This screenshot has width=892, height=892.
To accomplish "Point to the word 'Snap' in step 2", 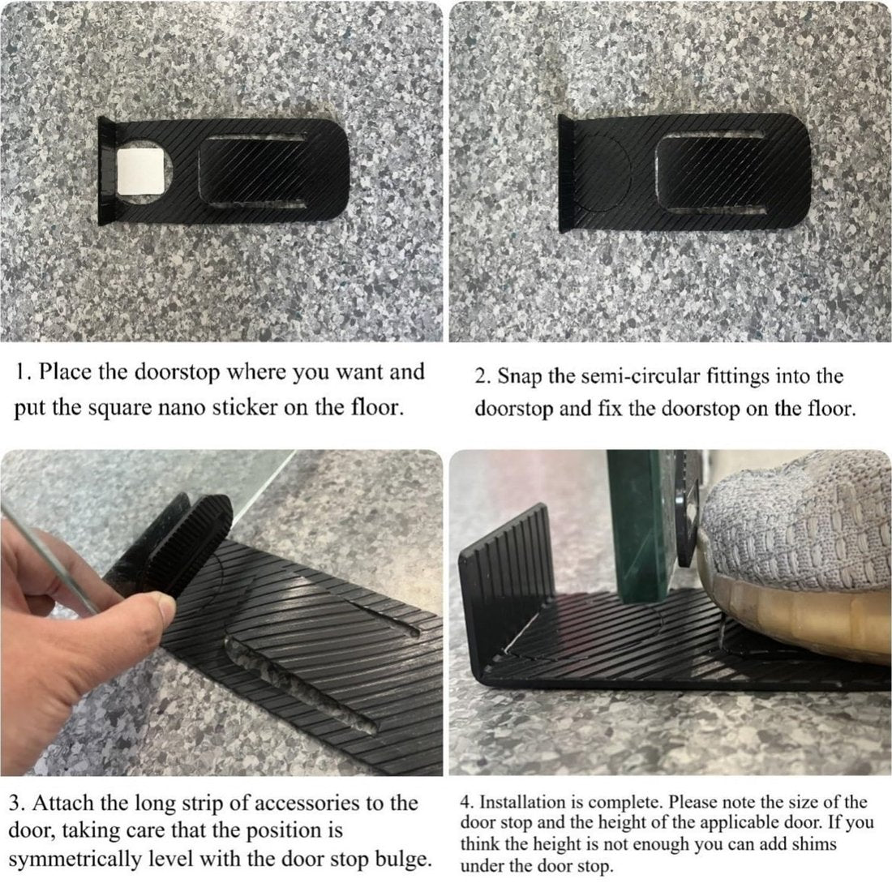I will (518, 376).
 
